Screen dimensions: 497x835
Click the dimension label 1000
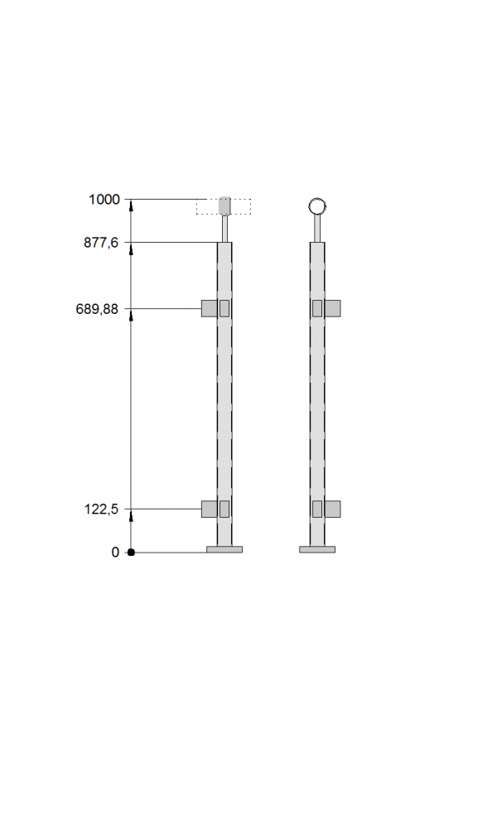tap(104, 200)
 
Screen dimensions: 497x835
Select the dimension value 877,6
tap(101, 243)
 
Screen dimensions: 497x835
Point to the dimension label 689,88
tap(98, 309)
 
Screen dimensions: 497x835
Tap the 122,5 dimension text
tap(101, 509)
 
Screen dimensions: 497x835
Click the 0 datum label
tap(115, 553)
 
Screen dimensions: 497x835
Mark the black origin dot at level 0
tap(131, 553)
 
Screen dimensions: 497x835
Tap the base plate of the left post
tap(224, 549)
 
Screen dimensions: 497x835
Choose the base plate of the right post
tap(317, 549)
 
